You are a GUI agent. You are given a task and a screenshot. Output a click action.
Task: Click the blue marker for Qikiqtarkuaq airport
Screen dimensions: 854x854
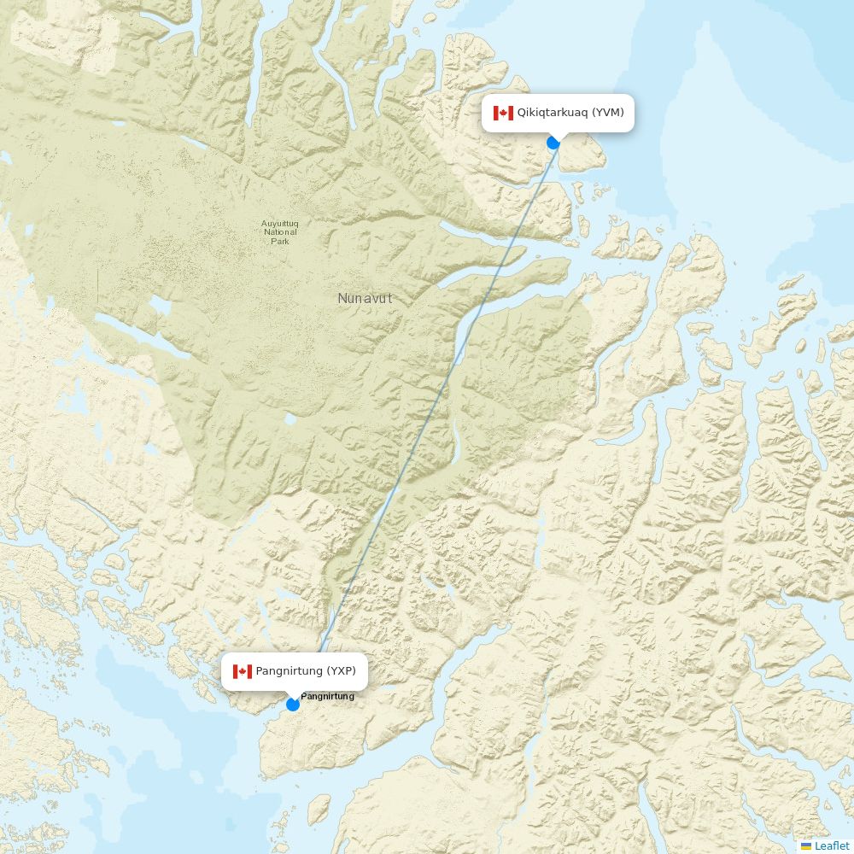coord(553,143)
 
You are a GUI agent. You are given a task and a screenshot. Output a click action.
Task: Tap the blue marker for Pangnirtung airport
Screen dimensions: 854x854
coord(293,705)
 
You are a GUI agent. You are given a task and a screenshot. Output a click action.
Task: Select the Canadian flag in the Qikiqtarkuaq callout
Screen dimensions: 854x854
coord(503,113)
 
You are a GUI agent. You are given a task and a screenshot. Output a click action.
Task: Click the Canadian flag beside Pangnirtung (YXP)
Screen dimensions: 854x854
coord(243,671)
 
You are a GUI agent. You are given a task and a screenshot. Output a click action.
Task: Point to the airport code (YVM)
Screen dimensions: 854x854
coord(608,113)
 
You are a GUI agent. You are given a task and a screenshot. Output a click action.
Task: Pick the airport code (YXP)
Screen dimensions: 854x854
coord(341,671)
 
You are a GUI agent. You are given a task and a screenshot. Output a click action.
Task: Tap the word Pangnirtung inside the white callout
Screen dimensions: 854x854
coord(289,671)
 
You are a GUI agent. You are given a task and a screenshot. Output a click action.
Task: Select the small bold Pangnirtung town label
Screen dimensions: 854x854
coord(327,696)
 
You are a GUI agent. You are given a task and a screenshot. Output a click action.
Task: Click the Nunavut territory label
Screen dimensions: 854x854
coord(365,299)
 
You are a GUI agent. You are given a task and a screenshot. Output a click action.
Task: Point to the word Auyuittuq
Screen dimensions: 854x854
coord(280,225)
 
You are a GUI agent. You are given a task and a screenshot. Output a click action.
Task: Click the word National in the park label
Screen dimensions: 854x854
coord(280,232)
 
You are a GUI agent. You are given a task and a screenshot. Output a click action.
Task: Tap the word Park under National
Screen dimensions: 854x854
coord(280,242)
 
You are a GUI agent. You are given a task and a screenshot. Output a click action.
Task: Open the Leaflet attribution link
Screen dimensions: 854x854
coord(832,845)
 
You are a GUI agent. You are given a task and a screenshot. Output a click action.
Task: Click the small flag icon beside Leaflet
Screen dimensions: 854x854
coord(806,845)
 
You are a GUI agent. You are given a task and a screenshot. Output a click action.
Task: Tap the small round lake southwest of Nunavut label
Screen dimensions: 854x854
coord(290,419)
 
